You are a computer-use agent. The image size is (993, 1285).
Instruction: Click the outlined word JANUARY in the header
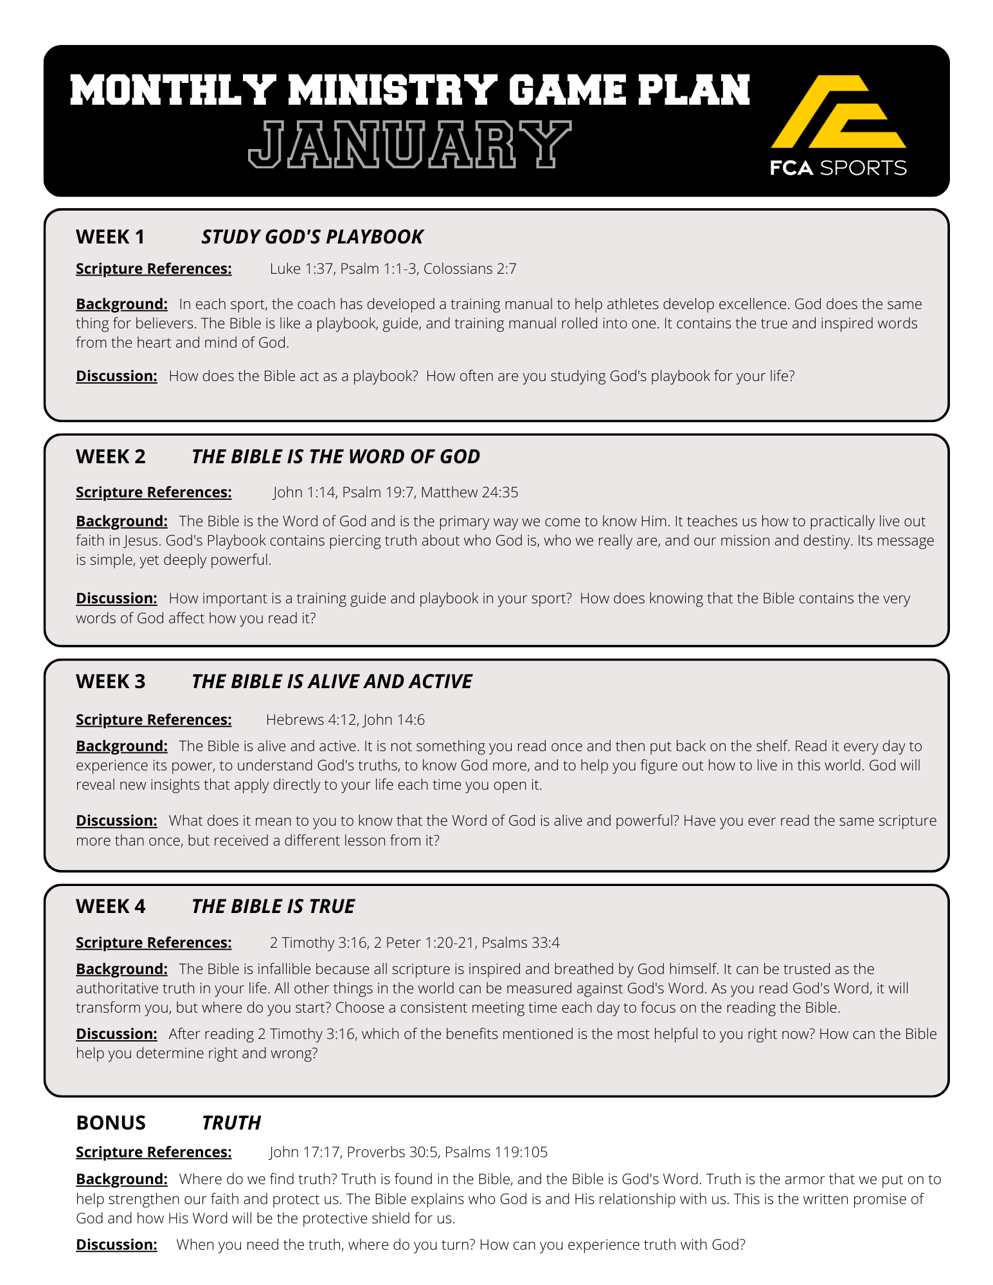tap(409, 145)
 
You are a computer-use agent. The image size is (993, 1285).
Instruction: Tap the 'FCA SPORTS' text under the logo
tap(838, 168)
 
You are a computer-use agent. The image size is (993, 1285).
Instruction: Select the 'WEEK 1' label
tap(110, 237)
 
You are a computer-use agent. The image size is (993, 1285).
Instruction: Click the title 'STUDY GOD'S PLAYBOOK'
tap(312, 237)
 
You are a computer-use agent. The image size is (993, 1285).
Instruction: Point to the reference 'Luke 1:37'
tap(301, 269)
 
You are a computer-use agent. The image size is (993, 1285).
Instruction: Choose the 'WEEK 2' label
tap(111, 457)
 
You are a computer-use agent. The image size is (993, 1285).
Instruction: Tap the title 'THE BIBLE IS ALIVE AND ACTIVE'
tap(332, 682)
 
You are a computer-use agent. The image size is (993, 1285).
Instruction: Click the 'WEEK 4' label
tap(111, 907)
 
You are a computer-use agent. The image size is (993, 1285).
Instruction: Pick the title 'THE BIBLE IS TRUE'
tap(273, 907)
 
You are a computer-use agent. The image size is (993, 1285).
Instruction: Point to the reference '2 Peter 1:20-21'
tap(424, 943)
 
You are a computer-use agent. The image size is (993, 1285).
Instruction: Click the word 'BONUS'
tap(111, 1122)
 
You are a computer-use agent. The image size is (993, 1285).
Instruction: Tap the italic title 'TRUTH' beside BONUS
tap(231, 1122)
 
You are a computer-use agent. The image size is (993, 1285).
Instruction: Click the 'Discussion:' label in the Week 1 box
tap(116, 376)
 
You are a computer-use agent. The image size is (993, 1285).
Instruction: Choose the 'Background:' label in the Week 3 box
tap(121, 746)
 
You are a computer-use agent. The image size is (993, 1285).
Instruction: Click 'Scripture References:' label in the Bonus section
tap(154, 1152)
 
